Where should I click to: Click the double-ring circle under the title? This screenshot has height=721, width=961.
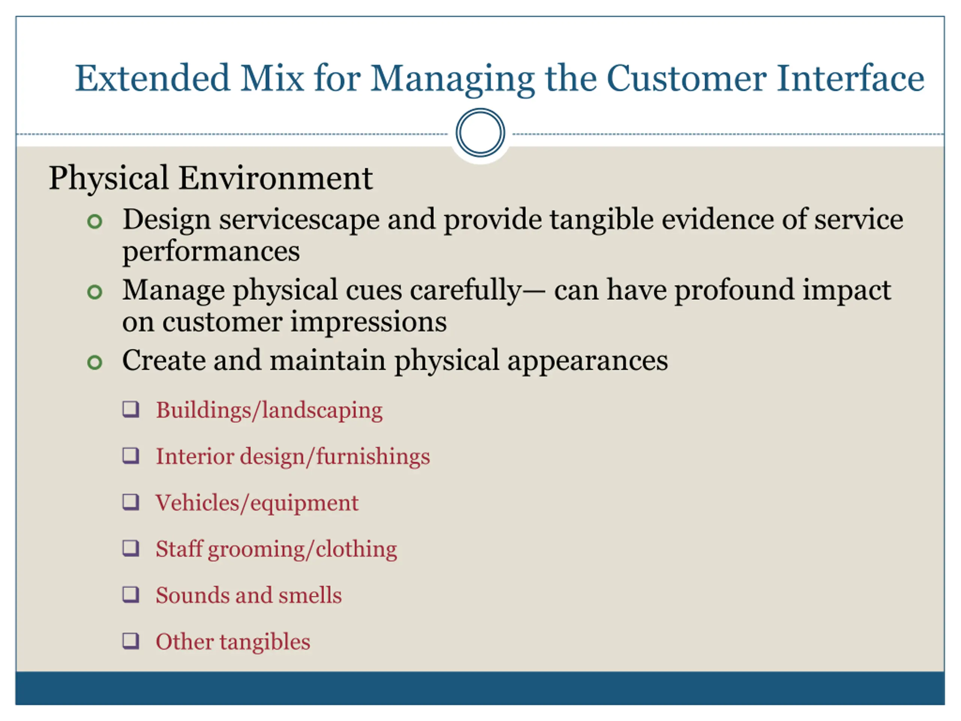[x=480, y=133]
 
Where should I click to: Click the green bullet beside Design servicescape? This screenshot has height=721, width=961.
[x=95, y=222]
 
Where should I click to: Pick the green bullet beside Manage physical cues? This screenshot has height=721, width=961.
[x=95, y=292]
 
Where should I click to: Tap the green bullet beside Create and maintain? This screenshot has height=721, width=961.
[x=95, y=362]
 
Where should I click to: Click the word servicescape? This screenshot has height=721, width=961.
[x=299, y=219]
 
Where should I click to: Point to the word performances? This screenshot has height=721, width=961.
[x=211, y=252]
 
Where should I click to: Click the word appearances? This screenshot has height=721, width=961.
[x=587, y=361]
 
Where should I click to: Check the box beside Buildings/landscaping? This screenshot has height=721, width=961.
[x=131, y=409]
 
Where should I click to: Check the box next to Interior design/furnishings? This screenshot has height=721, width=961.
[x=131, y=456]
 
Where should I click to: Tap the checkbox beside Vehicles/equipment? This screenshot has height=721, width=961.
[x=131, y=502]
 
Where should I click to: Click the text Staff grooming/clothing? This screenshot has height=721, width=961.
[x=276, y=549]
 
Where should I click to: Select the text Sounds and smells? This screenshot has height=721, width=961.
[x=249, y=596]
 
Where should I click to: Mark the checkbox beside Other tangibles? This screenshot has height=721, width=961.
[x=131, y=641]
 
